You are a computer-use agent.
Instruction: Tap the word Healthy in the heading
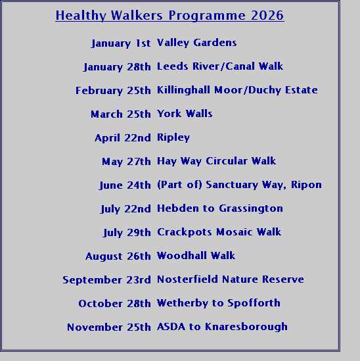(81, 16)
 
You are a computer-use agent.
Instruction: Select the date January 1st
(121, 43)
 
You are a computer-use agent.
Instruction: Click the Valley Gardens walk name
(196, 43)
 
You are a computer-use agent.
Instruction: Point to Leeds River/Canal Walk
(220, 66)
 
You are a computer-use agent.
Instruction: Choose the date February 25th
(113, 91)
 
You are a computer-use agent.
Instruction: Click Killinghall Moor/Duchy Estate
(237, 90)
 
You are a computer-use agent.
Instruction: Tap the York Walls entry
(185, 114)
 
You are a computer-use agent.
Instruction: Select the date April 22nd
(123, 138)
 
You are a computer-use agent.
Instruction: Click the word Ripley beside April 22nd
(173, 137)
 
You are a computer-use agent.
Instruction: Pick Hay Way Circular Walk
(216, 161)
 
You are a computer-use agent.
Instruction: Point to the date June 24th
(125, 185)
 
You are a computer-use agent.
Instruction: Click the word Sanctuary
(232, 185)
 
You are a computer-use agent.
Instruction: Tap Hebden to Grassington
(220, 208)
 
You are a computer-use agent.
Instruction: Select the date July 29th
(127, 233)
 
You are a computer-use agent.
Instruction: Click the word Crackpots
(184, 232)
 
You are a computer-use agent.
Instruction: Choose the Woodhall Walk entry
(196, 256)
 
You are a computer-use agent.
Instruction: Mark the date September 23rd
(106, 280)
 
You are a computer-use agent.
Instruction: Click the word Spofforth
(254, 303)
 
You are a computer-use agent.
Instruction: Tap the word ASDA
(171, 327)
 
